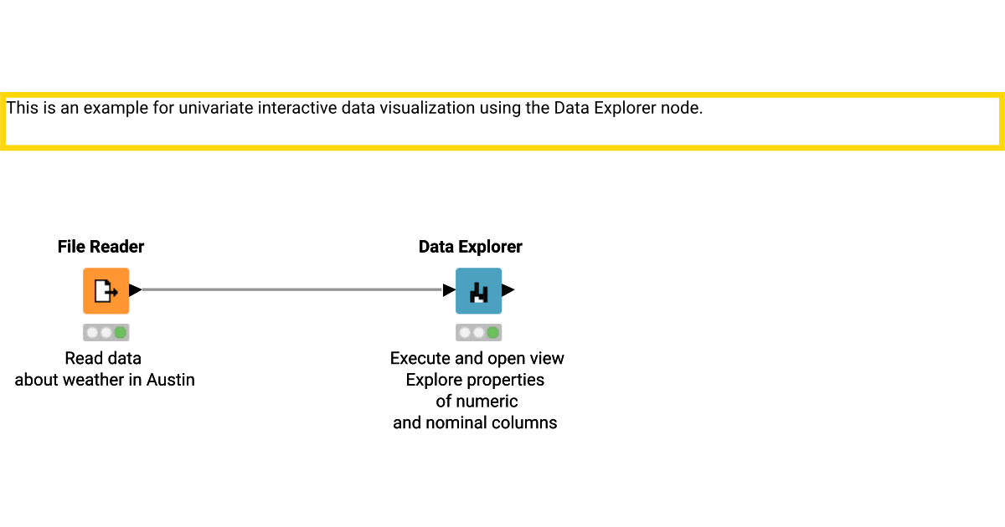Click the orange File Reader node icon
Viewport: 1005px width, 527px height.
coord(106,290)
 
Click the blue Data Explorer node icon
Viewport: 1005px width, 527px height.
coord(478,290)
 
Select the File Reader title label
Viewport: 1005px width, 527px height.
coord(100,247)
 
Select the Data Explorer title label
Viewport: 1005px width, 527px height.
coord(470,247)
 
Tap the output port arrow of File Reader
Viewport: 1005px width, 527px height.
coord(135,290)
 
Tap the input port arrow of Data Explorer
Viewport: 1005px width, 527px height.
coord(449,290)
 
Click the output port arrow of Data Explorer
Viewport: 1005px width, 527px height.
coord(508,290)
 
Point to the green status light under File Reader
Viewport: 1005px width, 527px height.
coord(121,332)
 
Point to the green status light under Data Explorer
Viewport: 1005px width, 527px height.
coord(492,332)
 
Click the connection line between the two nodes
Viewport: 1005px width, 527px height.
coord(293,290)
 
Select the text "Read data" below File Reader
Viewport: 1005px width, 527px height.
coord(103,358)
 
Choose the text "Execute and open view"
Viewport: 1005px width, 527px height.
coord(477,358)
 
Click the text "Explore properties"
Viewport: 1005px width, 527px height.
coord(475,380)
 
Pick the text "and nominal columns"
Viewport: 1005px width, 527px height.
coord(475,422)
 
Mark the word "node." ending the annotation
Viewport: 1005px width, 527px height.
coord(683,108)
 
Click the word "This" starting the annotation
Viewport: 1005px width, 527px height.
coord(21,108)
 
